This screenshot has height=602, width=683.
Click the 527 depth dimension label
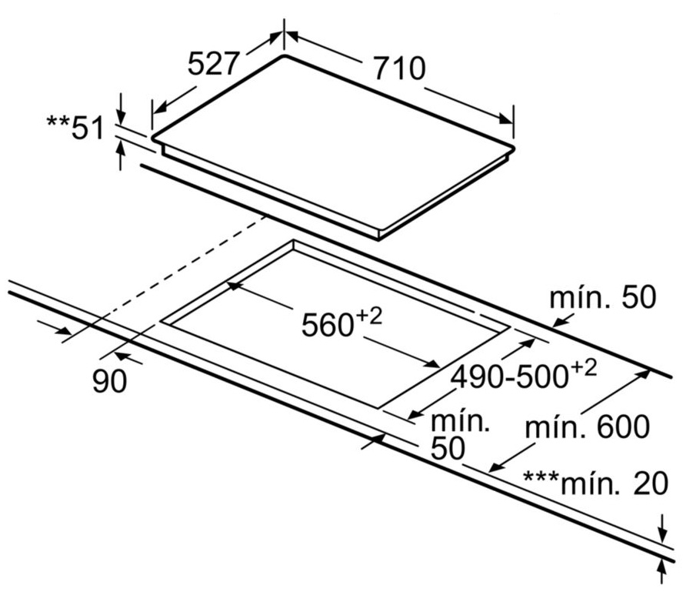click(214, 63)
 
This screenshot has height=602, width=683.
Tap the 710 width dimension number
click(399, 68)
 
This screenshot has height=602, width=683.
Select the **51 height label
click(75, 128)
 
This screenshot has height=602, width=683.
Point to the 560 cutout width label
click(328, 325)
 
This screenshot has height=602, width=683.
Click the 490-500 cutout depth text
click(510, 376)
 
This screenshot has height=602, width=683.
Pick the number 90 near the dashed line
click(110, 380)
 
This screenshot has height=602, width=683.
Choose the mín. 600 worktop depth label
click(587, 426)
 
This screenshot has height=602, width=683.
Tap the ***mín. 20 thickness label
click(595, 483)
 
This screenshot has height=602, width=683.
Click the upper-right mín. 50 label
click(603, 297)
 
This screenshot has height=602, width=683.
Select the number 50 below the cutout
click(448, 448)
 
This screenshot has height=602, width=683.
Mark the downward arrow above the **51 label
click(121, 109)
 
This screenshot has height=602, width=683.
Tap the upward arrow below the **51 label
click(121, 156)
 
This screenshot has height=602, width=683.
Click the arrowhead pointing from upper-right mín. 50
click(560, 323)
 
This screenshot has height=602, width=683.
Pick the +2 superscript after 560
click(369, 316)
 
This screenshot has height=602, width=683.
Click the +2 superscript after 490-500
click(583, 369)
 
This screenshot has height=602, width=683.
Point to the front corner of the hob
click(378, 238)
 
